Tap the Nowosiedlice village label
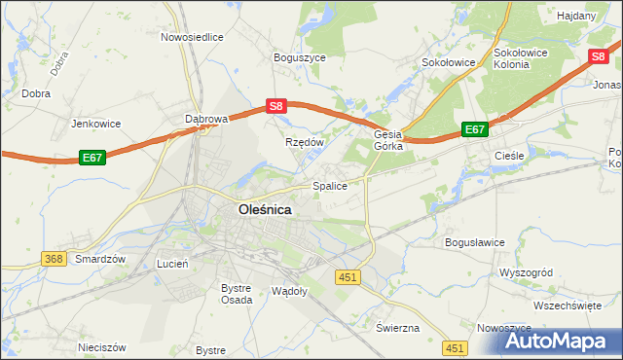coord(192,37)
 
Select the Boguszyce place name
coord(300,57)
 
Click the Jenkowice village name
coord(95,124)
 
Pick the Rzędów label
coord(304,141)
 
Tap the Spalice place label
coord(330,185)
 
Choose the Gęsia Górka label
coord(388,141)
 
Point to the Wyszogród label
coord(527,273)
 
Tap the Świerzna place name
coord(397,328)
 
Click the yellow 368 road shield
coord(54,258)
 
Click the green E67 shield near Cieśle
coord(474,128)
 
